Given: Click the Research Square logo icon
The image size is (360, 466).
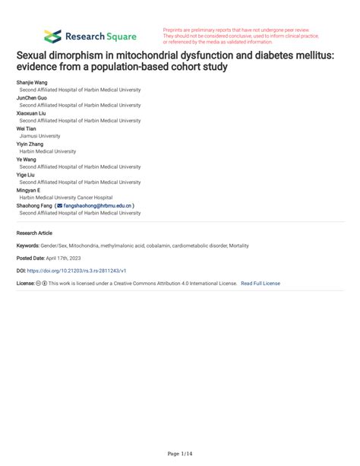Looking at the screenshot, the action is [x=52, y=36].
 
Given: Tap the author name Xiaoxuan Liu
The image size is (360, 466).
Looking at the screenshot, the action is [x=33, y=113].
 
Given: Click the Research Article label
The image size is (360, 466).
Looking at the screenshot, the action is [x=35, y=232].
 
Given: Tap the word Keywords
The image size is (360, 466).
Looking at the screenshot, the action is [x=30, y=246].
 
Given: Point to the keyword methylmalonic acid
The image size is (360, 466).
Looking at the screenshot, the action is [x=118, y=246].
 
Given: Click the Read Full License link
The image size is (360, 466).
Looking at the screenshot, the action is [x=260, y=283].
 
